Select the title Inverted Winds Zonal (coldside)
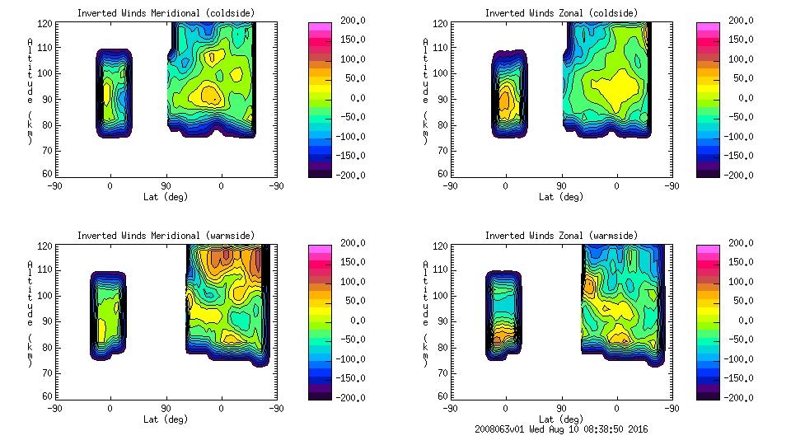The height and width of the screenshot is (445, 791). click(x=560, y=13)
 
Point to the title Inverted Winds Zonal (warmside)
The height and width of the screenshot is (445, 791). click(x=560, y=236)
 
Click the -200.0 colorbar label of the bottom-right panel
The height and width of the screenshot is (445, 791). click(x=736, y=398)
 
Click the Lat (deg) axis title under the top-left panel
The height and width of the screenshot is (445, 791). click(x=164, y=197)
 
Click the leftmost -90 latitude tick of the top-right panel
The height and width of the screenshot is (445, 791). click(x=449, y=186)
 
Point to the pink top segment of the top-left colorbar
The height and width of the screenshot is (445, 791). click(x=320, y=27)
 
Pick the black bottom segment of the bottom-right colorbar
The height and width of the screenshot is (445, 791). click(x=707, y=394)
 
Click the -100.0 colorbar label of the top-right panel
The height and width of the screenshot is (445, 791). click(x=736, y=137)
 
